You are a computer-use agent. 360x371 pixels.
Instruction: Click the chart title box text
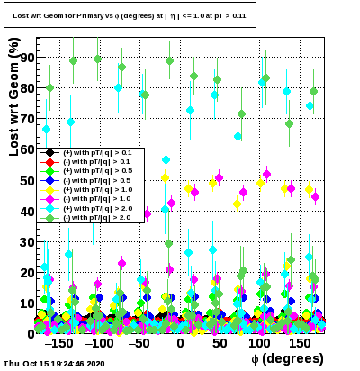pos(130,15)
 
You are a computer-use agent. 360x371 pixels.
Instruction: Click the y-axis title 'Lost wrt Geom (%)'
pos(14,96)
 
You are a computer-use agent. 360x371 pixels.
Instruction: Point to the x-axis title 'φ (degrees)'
pos(287,358)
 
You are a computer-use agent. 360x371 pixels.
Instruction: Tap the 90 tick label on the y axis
pos(27,58)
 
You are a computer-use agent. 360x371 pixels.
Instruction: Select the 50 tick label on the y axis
pos(27,181)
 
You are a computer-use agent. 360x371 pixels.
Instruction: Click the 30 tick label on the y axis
pos(27,242)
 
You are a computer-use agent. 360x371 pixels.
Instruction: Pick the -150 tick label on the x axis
pos(58,343)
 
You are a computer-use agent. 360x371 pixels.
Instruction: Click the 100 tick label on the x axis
pos(259,343)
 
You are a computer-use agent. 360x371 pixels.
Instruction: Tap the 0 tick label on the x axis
pos(180,343)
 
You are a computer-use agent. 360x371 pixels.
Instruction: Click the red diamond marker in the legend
pos(50,162)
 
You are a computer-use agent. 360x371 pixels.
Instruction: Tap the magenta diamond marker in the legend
pos(50,199)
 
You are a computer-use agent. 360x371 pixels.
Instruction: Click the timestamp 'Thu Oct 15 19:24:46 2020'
pos(54,364)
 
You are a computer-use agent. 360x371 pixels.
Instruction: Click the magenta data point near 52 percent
pos(266,174)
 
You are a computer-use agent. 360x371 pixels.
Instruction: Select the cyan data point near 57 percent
pos(166,159)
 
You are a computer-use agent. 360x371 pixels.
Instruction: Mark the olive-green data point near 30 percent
pos(169,243)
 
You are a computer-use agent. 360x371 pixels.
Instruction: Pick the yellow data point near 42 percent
pos(237,204)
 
